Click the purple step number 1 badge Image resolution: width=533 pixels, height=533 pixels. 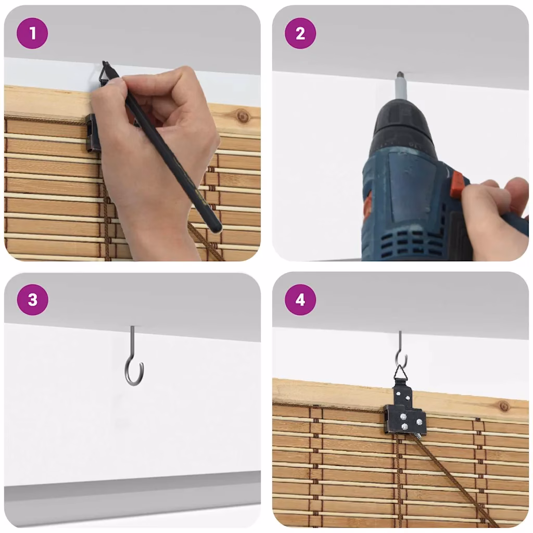(32, 33)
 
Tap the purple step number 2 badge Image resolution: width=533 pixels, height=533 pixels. (300, 33)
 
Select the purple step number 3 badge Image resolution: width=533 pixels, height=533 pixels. (33, 299)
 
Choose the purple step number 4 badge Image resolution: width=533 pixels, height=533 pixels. (300, 299)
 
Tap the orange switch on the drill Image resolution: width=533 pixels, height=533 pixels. (456, 186)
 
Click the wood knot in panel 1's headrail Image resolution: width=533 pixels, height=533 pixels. (243, 117)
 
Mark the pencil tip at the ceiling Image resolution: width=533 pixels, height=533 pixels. (104, 62)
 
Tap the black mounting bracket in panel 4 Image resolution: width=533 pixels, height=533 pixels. (405, 411)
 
